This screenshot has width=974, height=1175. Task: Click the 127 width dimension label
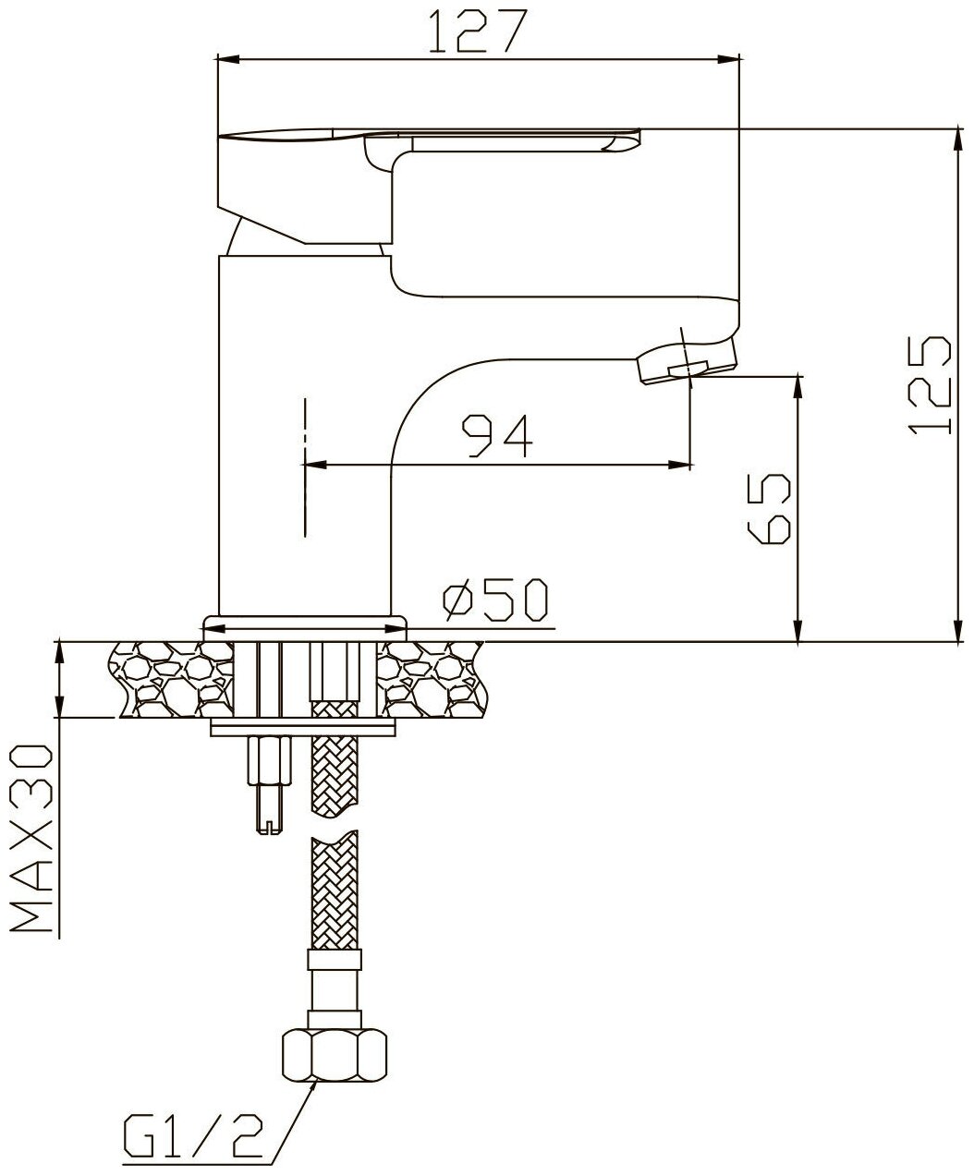coord(478,31)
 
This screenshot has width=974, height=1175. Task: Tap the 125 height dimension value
coord(929,386)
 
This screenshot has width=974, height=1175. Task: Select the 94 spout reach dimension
coord(496,436)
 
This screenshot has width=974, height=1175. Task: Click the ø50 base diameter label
coord(495,600)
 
